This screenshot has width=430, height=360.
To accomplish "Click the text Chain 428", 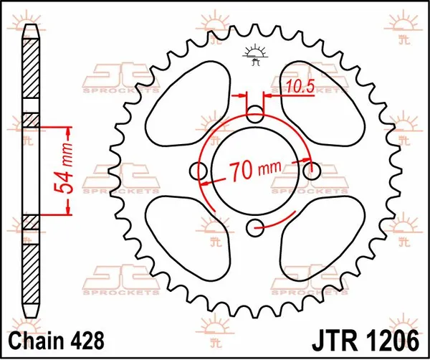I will point(55,338).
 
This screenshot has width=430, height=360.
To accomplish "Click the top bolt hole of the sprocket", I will point(254,113).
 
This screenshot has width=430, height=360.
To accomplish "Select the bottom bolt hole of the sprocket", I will point(254,228).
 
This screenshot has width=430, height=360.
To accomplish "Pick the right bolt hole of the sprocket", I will point(311,171).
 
